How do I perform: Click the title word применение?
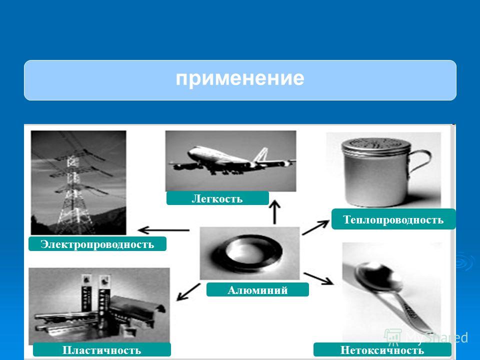click(x=239, y=78)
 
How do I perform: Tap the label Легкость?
click(x=217, y=198)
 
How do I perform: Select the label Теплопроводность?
click(x=393, y=219)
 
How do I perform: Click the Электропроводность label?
click(x=97, y=244)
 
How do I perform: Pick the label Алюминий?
click(x=257, y=289)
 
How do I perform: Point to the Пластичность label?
click(x=101, y=349)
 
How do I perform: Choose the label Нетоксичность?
click(x=382, y=349)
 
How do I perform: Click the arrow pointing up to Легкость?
click(x=274, y=212)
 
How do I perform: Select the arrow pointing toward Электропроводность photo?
click(x=164, y=230)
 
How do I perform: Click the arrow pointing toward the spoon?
click(x=318, y=278)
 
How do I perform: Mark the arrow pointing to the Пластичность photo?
click(x=188, y=291)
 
